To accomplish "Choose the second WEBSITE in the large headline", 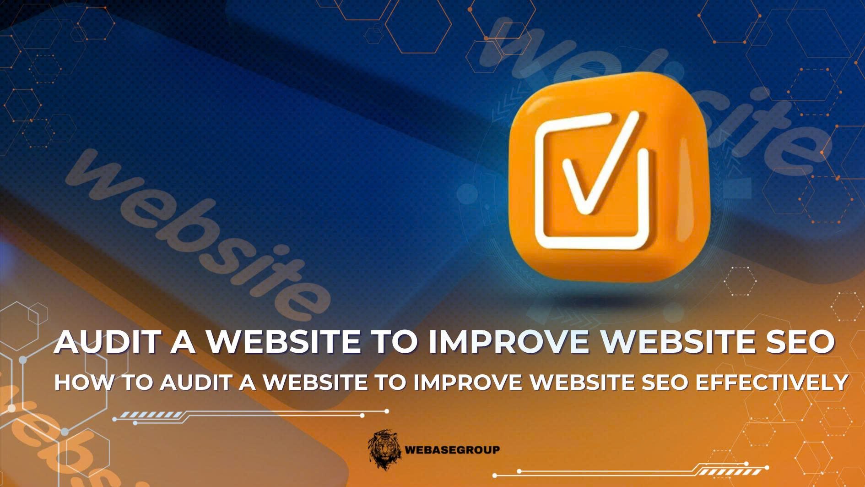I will pyautogui.click(x=670, y=342).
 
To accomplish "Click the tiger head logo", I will pyautogui.click(x=384, y=449).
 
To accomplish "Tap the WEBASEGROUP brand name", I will pyautogui.click(x=452, y=450).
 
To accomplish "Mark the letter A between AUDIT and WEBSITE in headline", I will pyautogui.click(x=183, y=342).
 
